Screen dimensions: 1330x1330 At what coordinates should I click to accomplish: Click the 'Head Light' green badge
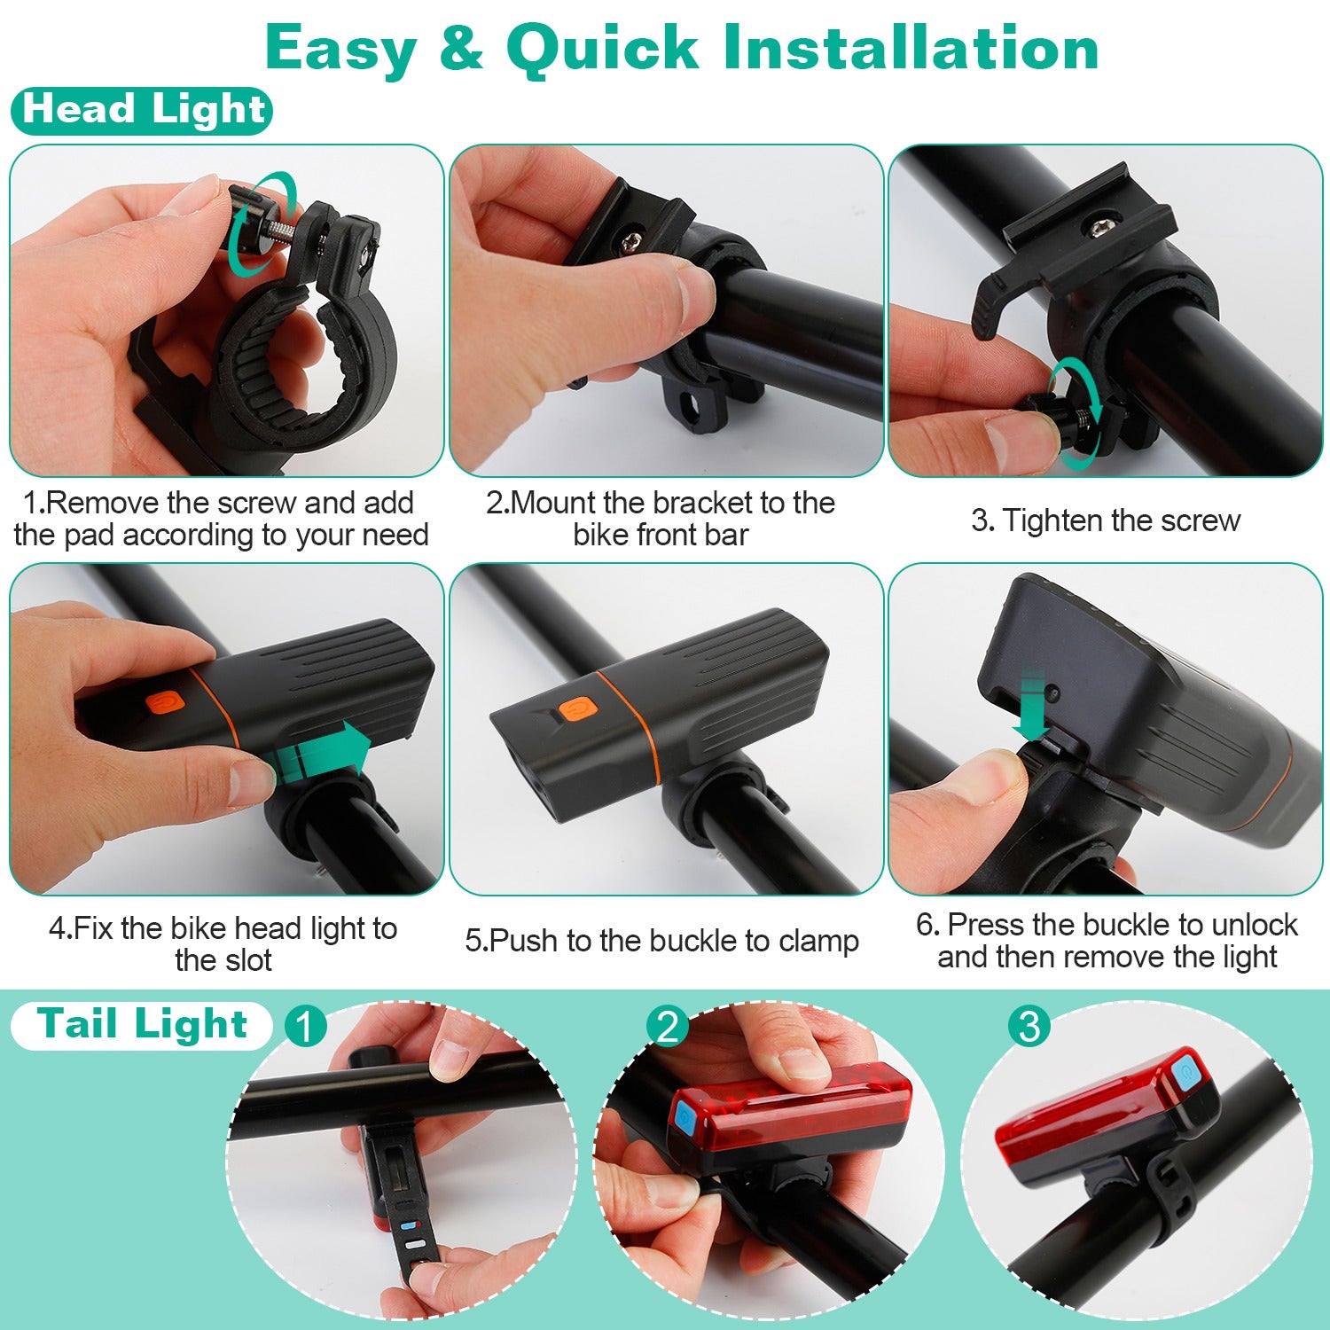click(x=141, y=111)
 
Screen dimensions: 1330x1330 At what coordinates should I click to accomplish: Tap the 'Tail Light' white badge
click(x=141, y=1025)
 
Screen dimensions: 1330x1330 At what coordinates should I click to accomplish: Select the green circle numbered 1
click(x=305, y=1027)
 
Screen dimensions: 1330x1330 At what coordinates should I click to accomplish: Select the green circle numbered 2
click(x=667, y=1027)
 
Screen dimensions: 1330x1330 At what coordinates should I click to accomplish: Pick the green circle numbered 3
click(x=1029, y=1027)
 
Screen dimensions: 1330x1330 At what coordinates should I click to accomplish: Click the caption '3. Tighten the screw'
click(x=1105, y=520)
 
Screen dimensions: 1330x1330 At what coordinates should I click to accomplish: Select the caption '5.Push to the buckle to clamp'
click(x=661, y=941)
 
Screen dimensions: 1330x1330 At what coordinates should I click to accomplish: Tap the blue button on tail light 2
click(x=684, y=1120)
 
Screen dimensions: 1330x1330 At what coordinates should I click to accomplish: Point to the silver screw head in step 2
click(x=633, y=240)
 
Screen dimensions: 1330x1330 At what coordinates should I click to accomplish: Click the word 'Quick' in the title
click(x=602, y=48)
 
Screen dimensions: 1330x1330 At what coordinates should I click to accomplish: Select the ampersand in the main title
click(x=461, y=48)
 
